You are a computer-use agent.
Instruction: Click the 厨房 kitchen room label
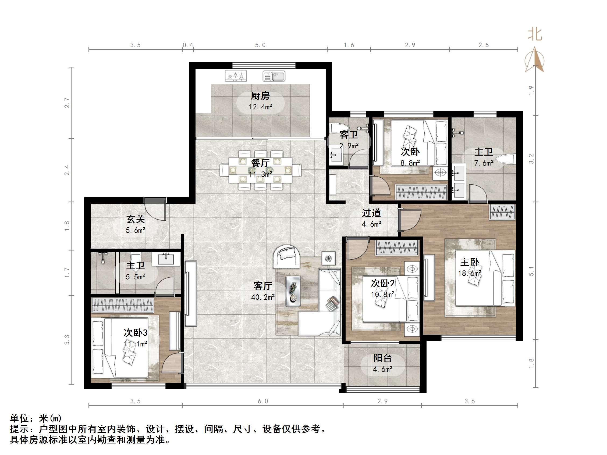tap(260, 96)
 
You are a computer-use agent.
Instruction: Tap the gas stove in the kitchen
tap(236, 76)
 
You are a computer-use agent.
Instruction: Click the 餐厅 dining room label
tap(260, 163)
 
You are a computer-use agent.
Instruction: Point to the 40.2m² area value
tap(262, 297)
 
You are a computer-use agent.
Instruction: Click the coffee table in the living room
tap(293, 291)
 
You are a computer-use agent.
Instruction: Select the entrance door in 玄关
tap(156, 209)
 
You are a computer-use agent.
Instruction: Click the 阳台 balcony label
tap(382, 358)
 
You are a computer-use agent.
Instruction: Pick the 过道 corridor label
tap(371, 213)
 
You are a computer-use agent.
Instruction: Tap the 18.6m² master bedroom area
tap(470, 273)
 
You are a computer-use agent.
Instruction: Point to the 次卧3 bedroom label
tap(136, 333)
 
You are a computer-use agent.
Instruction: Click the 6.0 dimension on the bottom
tap(262, 401)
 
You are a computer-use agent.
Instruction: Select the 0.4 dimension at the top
tap(188, 45)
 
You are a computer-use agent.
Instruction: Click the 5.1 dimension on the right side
tap(531, 271)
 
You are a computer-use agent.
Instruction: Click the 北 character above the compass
tap(535, 35)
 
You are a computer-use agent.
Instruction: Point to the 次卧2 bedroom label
tap(382, 283)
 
